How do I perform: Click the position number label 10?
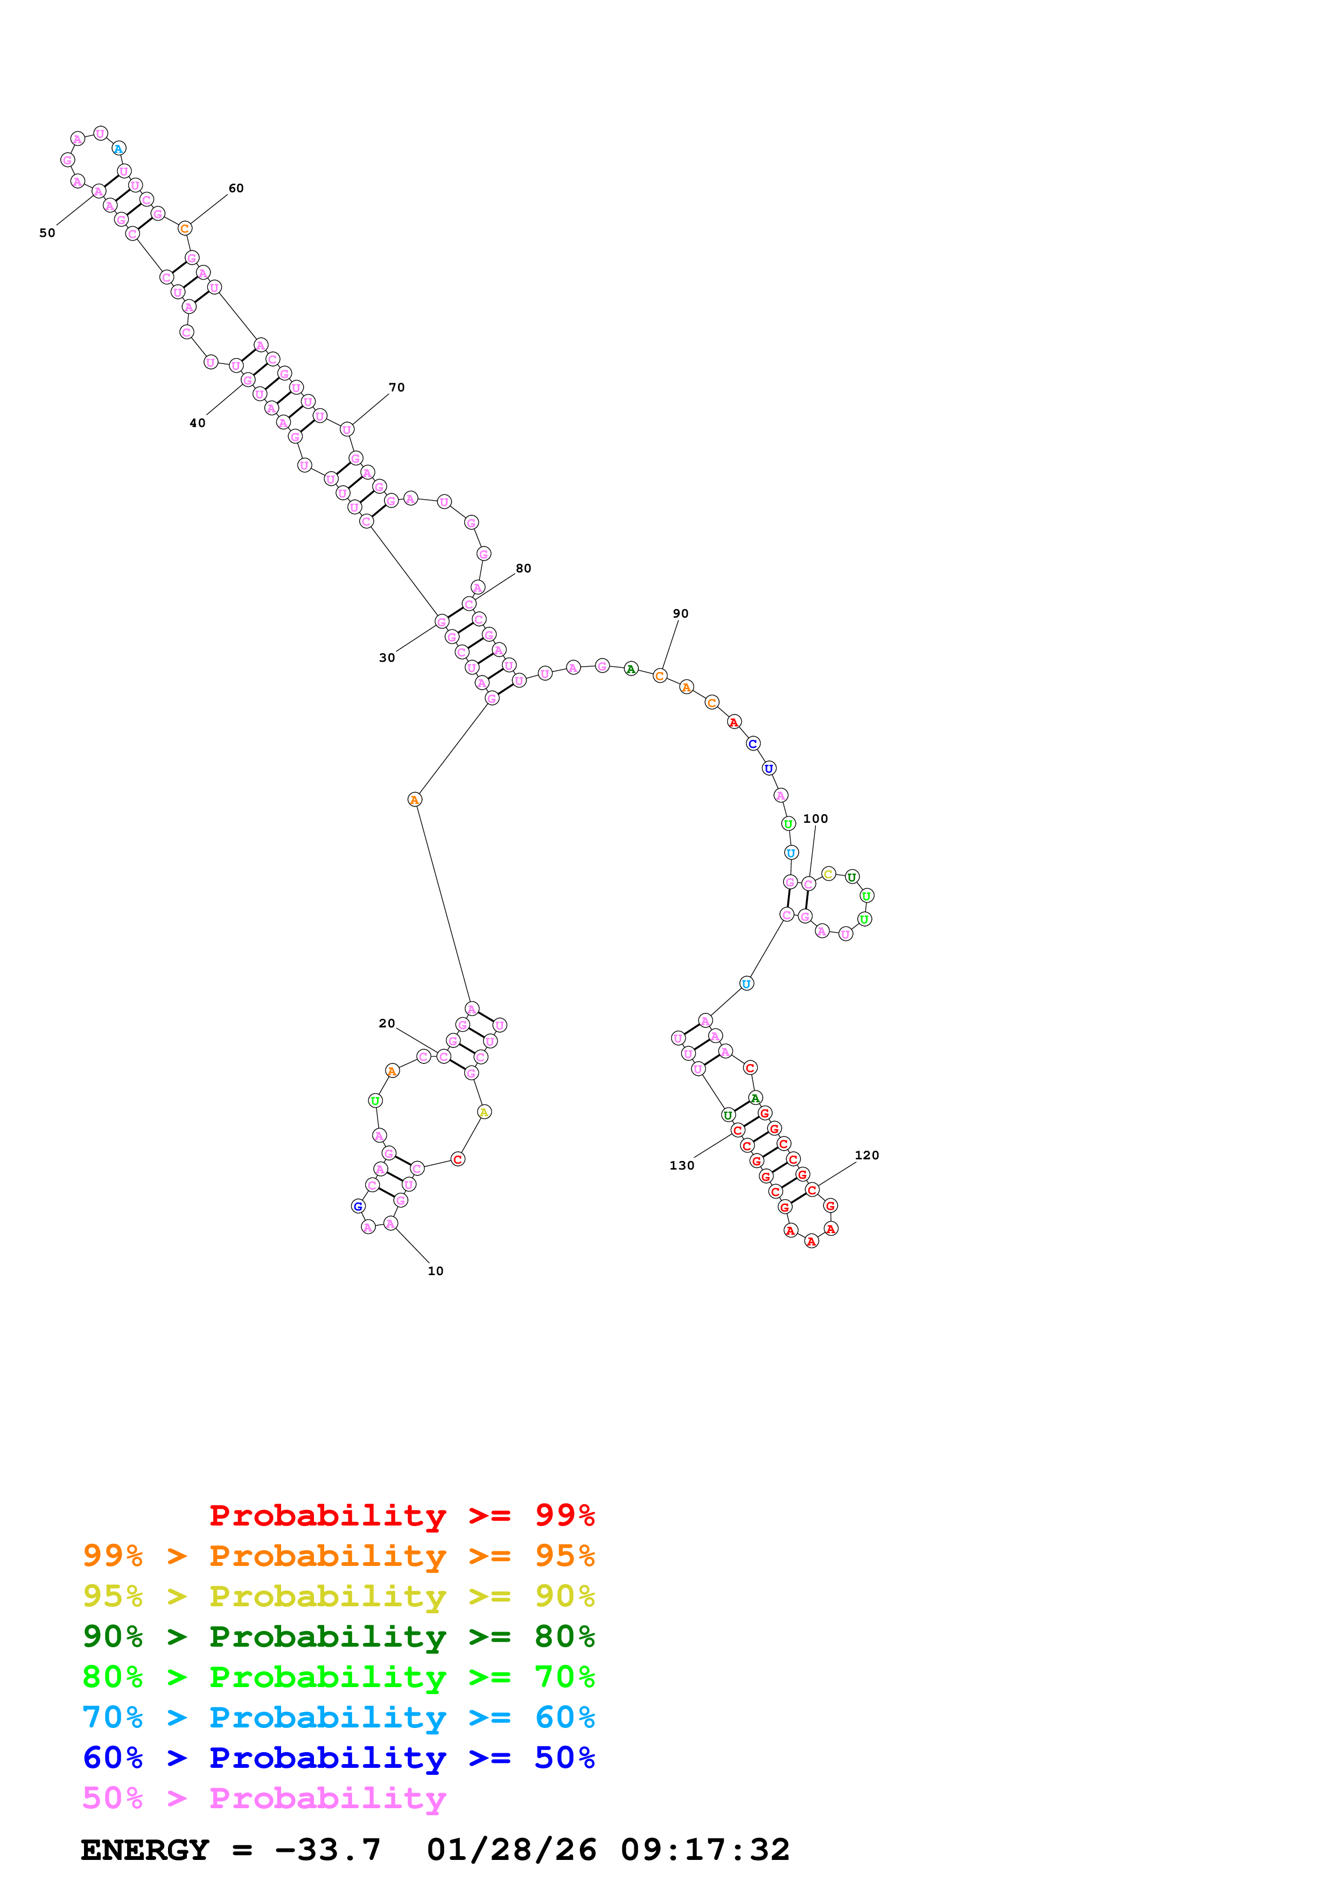pyautogui.click(x=435, y=1271)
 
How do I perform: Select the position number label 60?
pyautogui.click(x=236, y=188)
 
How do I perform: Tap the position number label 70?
pyautogui.click(x=396, y=388)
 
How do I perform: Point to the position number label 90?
pyautogui.click(x=680, y=614)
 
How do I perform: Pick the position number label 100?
pyautogui.click(x=815, y=818)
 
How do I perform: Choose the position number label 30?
pyautogui.click(x=387, y=657)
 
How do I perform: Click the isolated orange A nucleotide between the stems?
pyautogui.click(x=415, y=800)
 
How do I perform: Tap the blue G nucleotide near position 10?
pyautogui.click(x=358, y=1206)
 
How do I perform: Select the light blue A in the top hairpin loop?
pyautogui.click(x=118, y=149)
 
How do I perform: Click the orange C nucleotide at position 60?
pyautogui.click(x=185, y=229)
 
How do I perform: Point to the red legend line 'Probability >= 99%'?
pyautogui.click(x=401, y=1515)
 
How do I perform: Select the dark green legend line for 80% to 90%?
pyautogui.click(x=338, y=1636)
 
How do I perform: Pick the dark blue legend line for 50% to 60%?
pyautogui.click(x=338, y=1758)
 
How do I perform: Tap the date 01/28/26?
pyautogui.click(x=511, y=1850)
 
